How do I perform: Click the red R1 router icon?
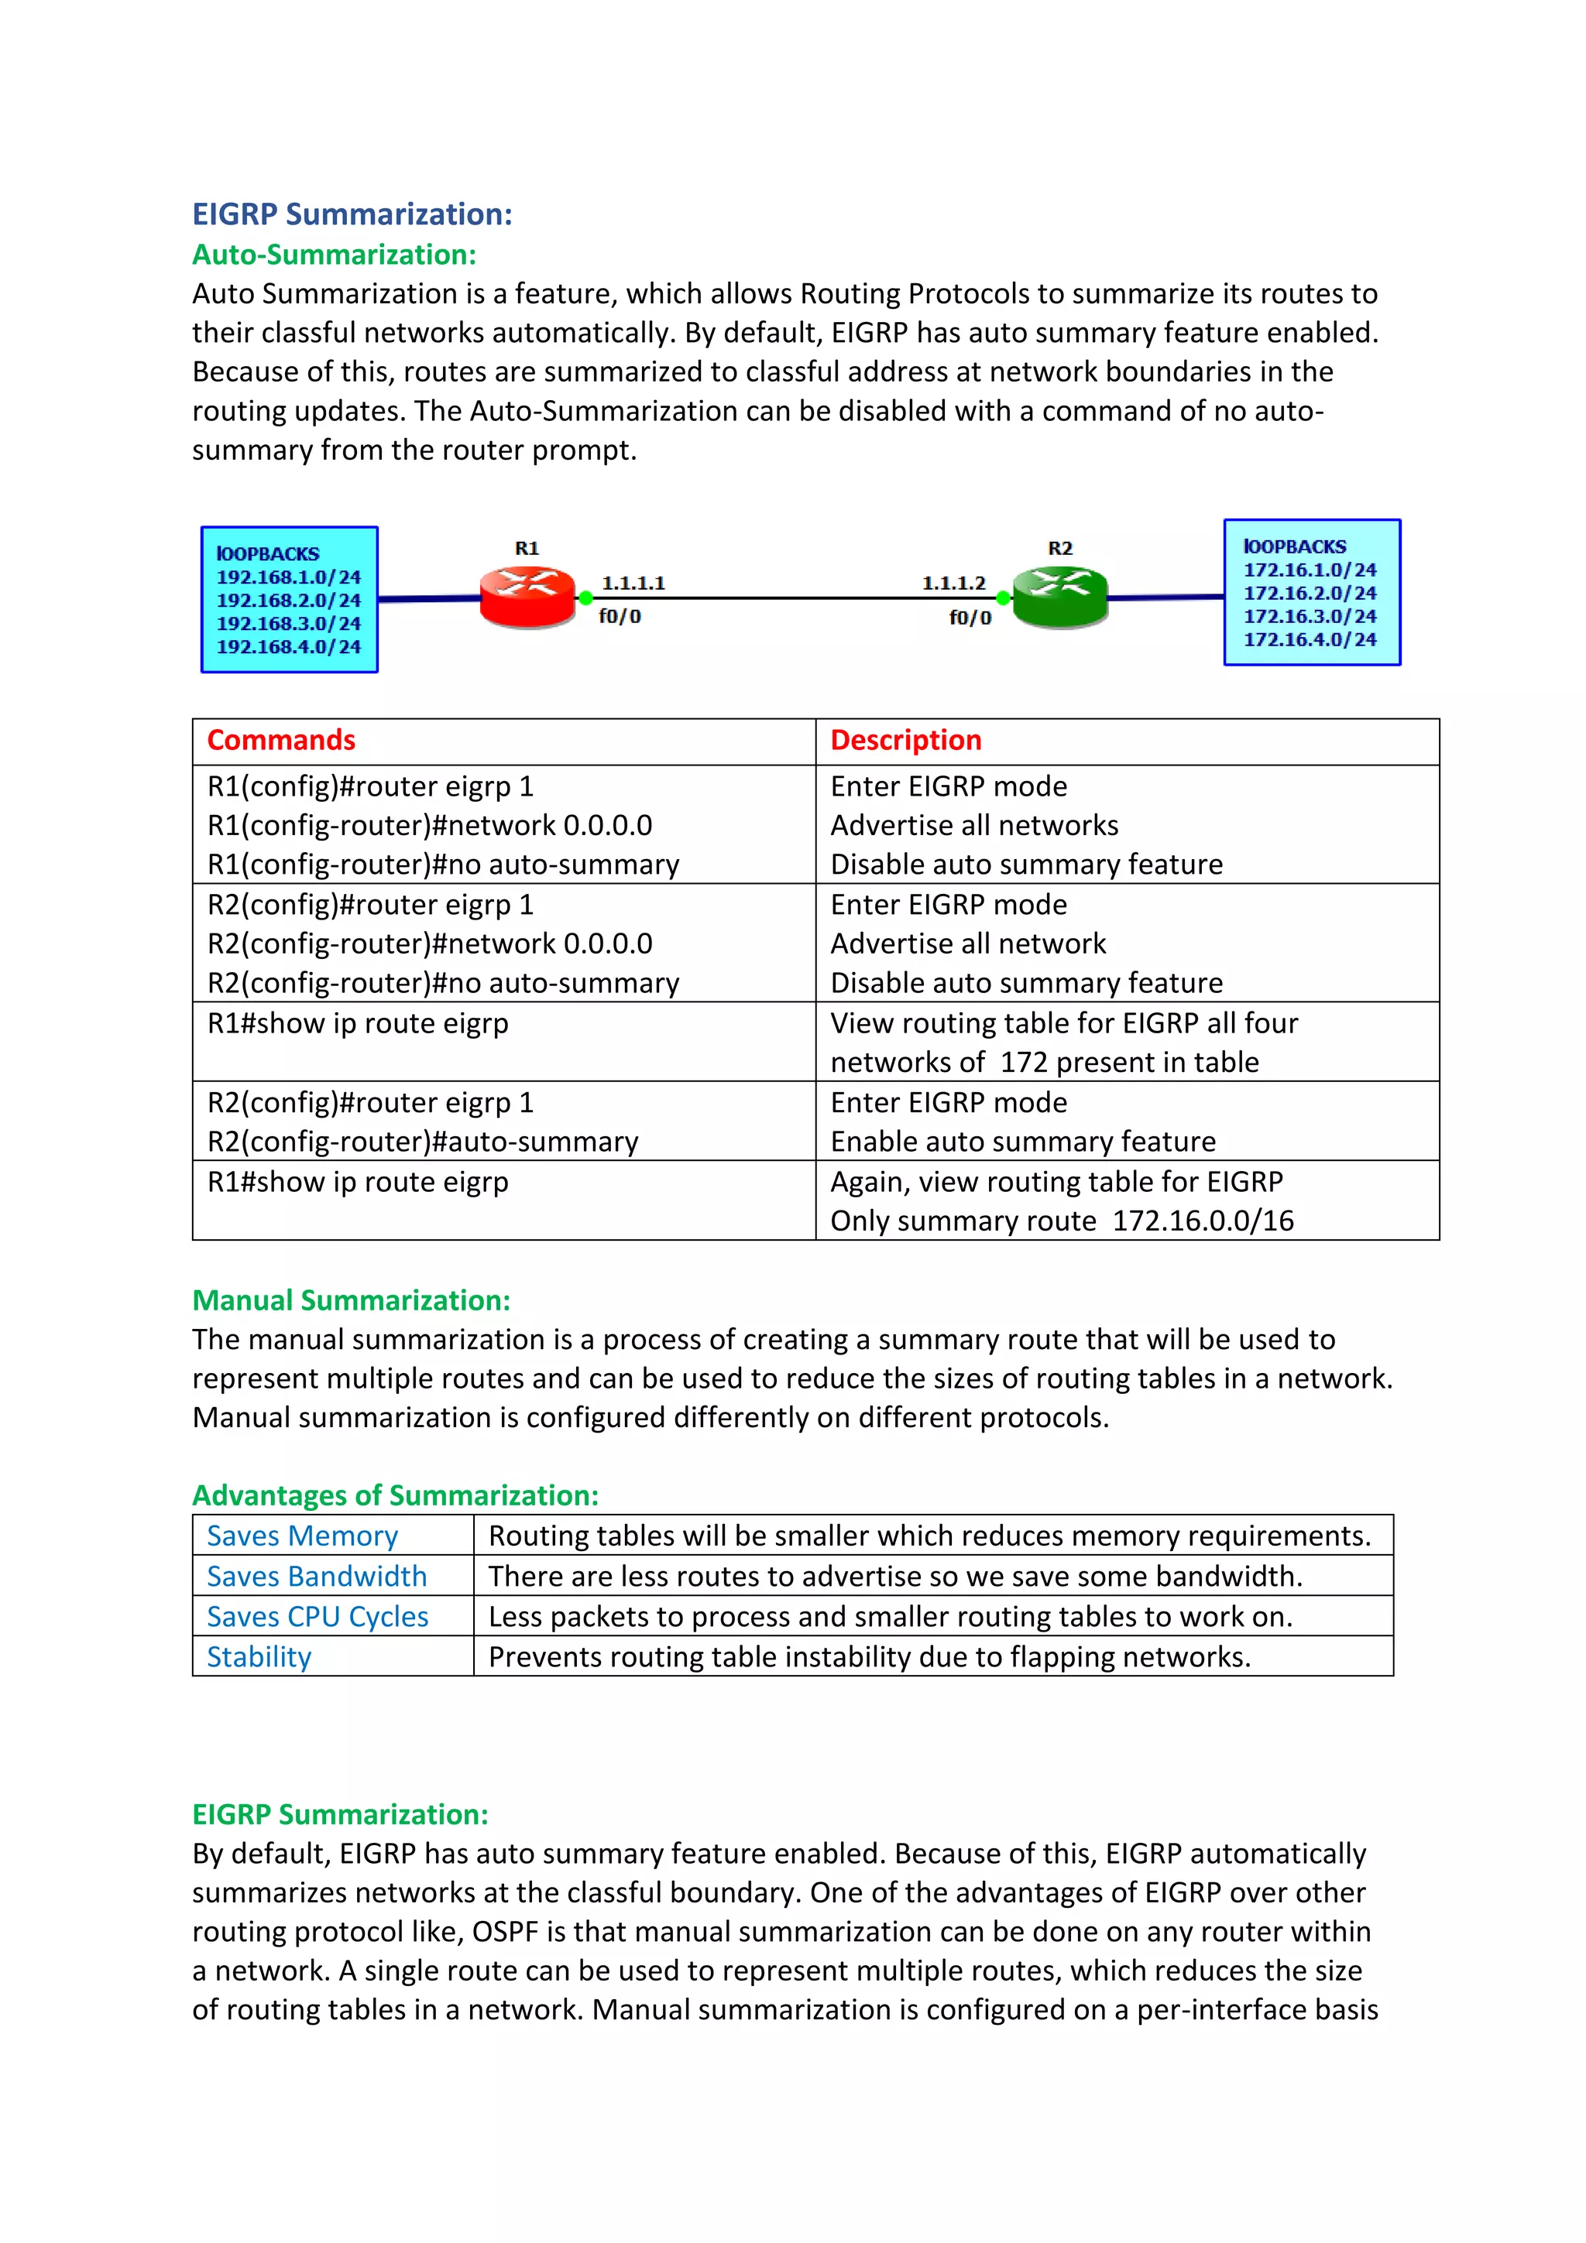coord(527,596)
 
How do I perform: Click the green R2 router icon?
coord(1060,596)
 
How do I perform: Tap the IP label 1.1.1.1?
coord(633,584)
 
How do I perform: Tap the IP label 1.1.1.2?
coord(954,584)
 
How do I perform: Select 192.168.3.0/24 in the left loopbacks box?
coord(288,623)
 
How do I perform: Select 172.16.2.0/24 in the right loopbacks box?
coord(1310,593)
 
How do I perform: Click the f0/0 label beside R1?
coord(620,616)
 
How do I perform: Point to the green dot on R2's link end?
coord(1003,598)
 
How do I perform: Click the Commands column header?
coord(281,741)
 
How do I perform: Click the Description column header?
coord(906,741)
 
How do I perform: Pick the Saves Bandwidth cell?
coord(317,1576)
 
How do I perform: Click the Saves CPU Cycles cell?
coord(318,1617)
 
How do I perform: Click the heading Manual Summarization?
coord(351,1300)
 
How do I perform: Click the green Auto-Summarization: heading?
coord(335,254)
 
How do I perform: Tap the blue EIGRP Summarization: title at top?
coord(352,214)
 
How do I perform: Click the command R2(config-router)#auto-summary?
coord(423,1142)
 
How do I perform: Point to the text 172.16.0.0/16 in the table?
coord(1203,1221)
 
